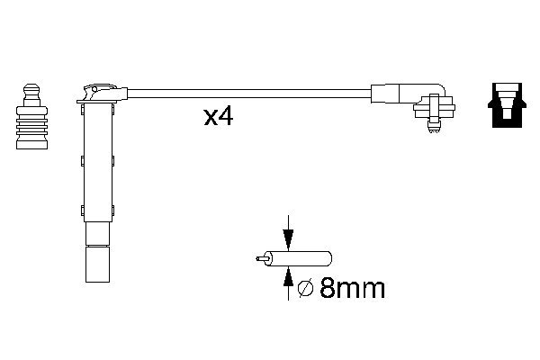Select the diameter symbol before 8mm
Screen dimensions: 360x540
coord(304,288)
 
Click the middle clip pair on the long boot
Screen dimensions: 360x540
coord(96,161)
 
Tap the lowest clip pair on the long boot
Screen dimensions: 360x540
coord(96,212)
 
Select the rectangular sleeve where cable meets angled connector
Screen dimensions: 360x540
coord(385,92)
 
